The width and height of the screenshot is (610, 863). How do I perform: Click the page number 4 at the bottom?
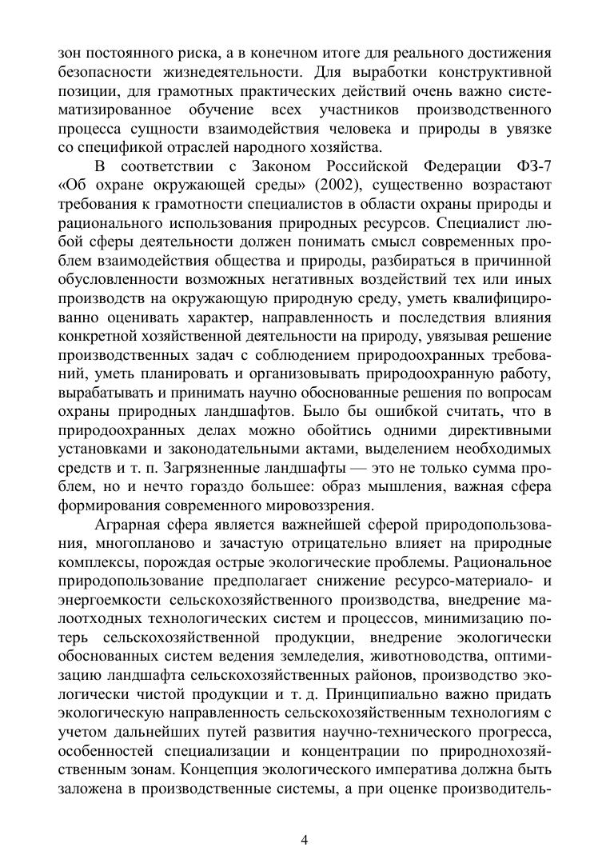point(305,839)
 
